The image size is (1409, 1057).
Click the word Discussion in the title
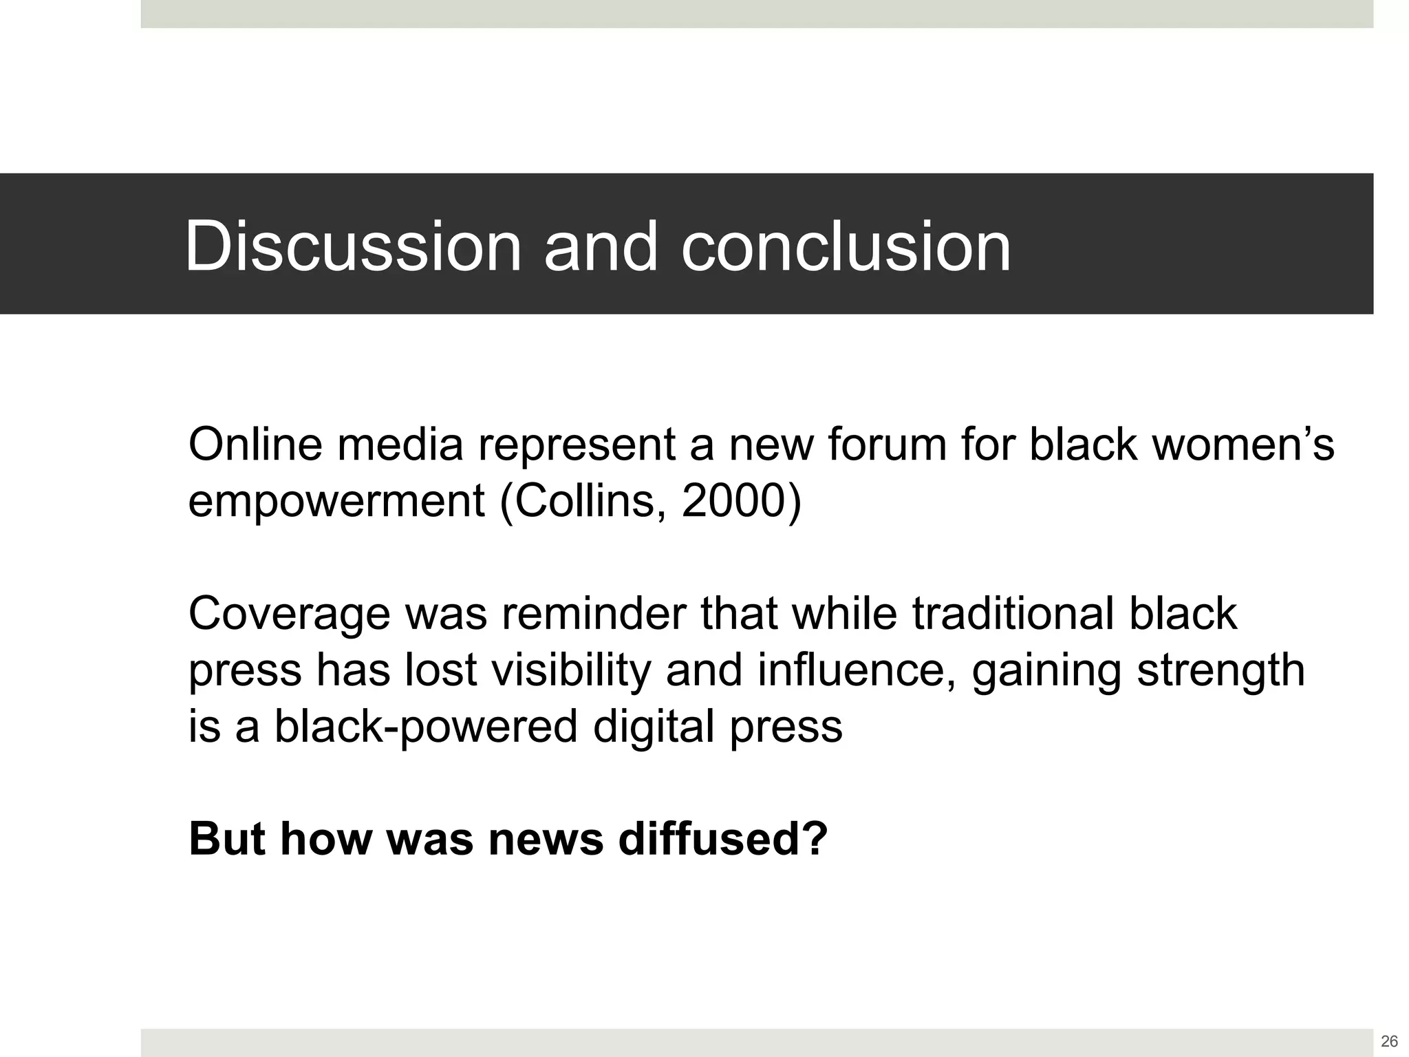coord(353,246)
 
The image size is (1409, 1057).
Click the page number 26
coord(1389,1041)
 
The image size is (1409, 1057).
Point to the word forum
coord(887,445)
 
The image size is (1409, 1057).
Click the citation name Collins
coord(589,501)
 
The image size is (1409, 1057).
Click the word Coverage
coord(289,615)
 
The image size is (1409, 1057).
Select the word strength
coord(1220,671)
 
